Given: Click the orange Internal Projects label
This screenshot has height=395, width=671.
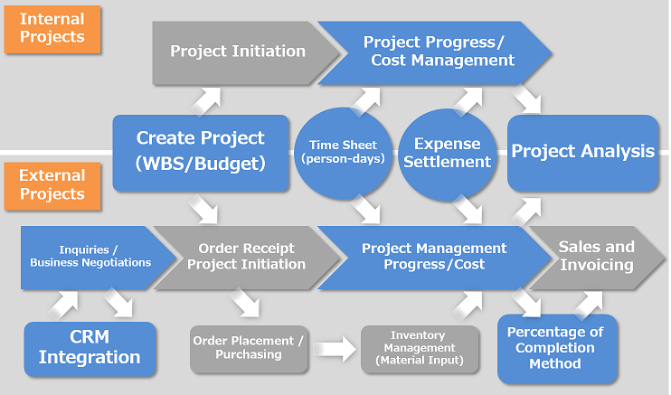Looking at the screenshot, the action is (x=52, y=29).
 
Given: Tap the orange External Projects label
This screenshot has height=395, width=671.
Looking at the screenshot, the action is (x=52, y=186).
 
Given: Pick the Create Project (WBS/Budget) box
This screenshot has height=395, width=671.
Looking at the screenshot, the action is (x=201, y=153).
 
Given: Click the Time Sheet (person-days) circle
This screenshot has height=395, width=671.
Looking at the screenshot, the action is (x=344, y=153).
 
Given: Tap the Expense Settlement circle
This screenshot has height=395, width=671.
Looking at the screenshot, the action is (x=448, y=155).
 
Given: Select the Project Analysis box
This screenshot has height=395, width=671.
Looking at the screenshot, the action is (x=583, y=153).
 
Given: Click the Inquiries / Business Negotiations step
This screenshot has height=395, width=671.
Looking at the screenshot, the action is (x=94, y=258).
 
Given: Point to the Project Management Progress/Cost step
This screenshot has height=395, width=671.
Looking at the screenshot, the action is (x=434, y=258).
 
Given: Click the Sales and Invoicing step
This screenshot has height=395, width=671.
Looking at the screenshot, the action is (x=597, y=258).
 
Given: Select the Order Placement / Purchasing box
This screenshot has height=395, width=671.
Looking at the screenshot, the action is (x=249, y=349).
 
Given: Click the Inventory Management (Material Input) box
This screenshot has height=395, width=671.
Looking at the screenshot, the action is (x=420, y=349).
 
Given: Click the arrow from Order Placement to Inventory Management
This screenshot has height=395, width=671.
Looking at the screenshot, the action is (x=335, y=349).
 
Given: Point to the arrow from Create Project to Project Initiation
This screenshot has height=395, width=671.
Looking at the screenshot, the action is (x=206, y=101).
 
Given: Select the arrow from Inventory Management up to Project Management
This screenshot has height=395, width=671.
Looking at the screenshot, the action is (x=468, y=306).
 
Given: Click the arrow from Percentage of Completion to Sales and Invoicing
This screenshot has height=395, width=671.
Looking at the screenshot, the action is (x=589, y=306).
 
